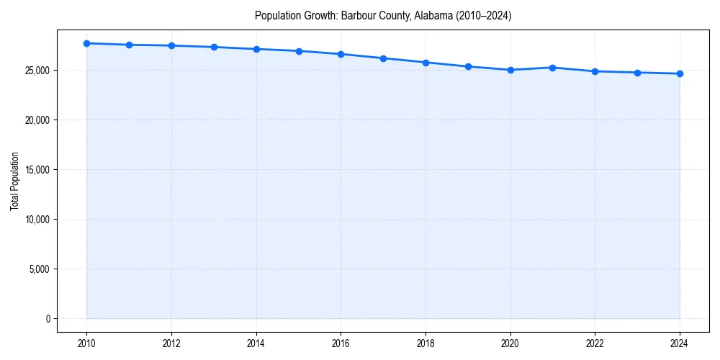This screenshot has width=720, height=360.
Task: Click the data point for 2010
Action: [x=86, y=43]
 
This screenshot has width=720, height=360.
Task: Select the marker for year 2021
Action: [x=552, y=68]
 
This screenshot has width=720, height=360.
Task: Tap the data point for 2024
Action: [x=680, y=73]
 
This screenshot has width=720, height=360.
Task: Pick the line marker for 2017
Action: [x=383, y=58]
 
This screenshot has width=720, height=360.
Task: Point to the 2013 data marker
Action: [x=214, y=47]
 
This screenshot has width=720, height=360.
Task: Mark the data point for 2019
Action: [x=468, y=66]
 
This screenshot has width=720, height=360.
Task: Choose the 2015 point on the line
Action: [x=299, y=51]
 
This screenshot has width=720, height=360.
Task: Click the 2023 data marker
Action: [x=637, y=73]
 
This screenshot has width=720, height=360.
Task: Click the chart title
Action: [x=383, y=15]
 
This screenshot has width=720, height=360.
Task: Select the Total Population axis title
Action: [x=15, y=181]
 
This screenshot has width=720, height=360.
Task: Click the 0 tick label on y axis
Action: [x=48, y=318]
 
